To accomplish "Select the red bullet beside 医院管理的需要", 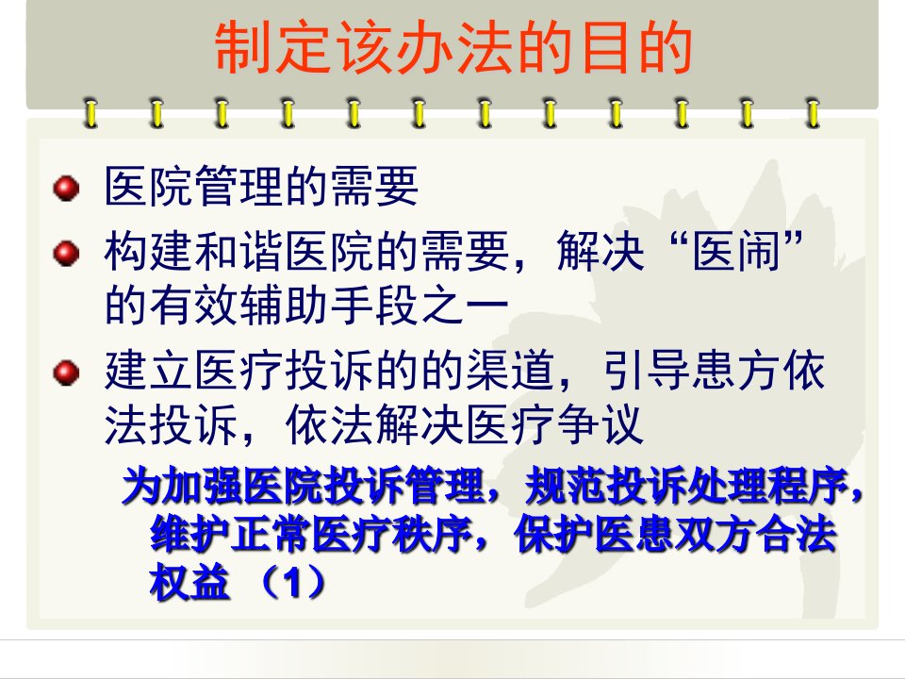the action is (x=66, y=189).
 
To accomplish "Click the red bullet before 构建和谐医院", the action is (x=66, y=254).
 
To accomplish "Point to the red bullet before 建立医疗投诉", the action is (x=66, y=373).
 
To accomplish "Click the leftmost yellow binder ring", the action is (x=90, y=112).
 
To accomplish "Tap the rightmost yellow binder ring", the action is (x=814, y=112).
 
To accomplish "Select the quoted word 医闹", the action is (x=736, y=251).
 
